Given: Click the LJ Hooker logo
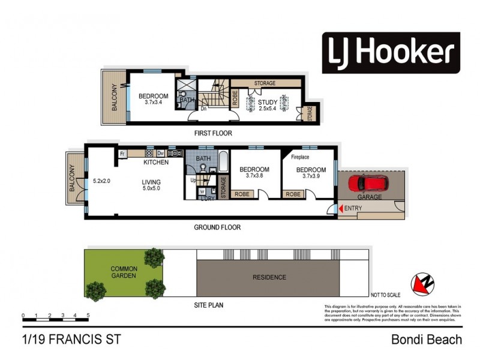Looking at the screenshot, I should [x=391, y=53].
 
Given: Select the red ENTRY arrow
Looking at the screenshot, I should [x=342, y=208].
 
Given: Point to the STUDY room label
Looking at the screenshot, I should [x=268, y=103].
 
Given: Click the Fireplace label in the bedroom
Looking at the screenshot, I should [x=300, y=157].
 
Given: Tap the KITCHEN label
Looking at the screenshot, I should [x=155, y=163].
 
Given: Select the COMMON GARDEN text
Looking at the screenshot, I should [x=124, y=272].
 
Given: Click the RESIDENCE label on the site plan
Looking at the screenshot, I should [x=269, y=277].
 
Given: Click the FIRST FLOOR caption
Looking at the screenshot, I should [x=213, y=133].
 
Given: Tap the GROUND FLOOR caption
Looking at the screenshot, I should [x=217, y=227].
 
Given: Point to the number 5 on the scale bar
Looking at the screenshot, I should [x=88, y=315].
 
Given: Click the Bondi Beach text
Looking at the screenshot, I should [x=427, y=340].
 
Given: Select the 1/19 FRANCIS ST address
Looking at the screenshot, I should [x=71, y=340].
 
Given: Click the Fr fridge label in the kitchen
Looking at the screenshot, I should [x=122, y=154].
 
